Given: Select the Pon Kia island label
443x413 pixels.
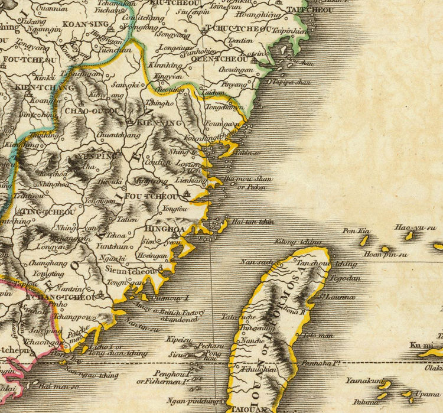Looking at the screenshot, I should tap(356, 231).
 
